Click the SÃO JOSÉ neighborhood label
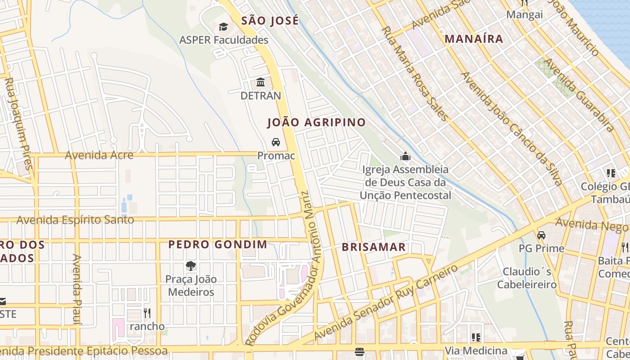(270, 21)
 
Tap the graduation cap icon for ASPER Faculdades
(223, 27)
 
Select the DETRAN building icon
(261, 82)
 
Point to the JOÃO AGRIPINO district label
(316, 122)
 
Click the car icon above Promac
(276, 142)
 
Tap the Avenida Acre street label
(99, 155)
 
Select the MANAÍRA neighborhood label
(474, 39)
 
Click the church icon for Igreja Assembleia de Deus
(405, 157)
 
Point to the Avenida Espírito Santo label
(75, 220)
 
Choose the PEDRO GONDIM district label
(218, 245)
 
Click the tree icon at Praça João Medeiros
(191, 266)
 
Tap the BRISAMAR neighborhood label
(373, 247)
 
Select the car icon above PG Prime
(541, 235)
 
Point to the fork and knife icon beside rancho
(147, 313)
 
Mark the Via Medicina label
(476, 351)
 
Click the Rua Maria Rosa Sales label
(415, 73)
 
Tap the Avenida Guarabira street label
(580, 95)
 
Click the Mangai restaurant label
(524, 14)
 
